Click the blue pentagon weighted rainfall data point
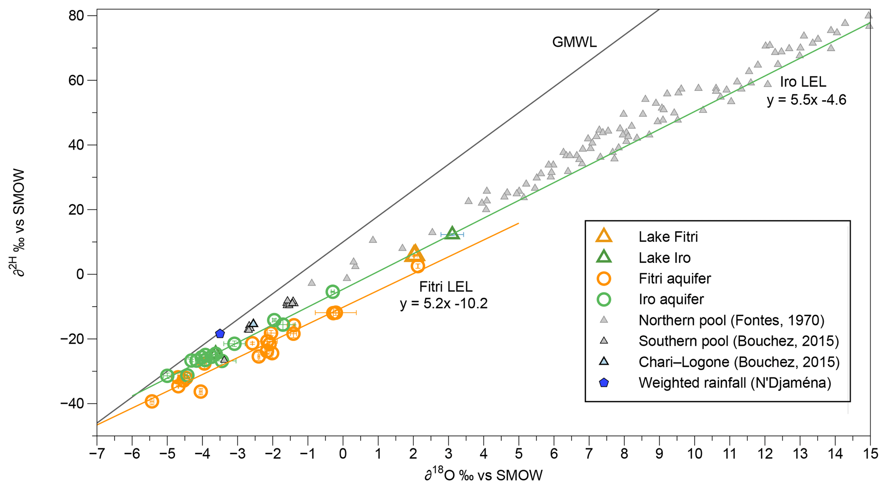pyautogui.click(x=220, y=333)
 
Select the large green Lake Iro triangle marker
pyautogui.click(x=452, y=233)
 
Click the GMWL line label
pyautogui.click(x=574, y=42)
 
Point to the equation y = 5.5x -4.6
pyautogui.click(x=806, y=100)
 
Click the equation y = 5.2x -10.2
pyautogui.click(x=444, y=304)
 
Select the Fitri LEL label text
pyautogui.click(x=445, y=286)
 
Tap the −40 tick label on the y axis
pyautogui.click(x=74, y=404)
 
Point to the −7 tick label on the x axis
pyautogui.click(x=97, y=453)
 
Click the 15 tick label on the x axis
pyautogui.click(x=870, y=453)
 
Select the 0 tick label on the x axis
pyautogui.click(x=343, y=453)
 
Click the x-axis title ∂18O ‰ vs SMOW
pyautogui.click(x=484, y=475)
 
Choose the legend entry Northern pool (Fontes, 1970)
pyautogui.click(x=731, y=320)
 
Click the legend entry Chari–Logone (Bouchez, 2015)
pyautogui.click(x=739, y=362)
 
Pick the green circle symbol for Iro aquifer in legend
pyautogui.click(x=604, y=299)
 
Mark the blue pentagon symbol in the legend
pyautogui.click(x=604, y=383)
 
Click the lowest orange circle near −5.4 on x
pyautogui.click(x=151, y=401)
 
